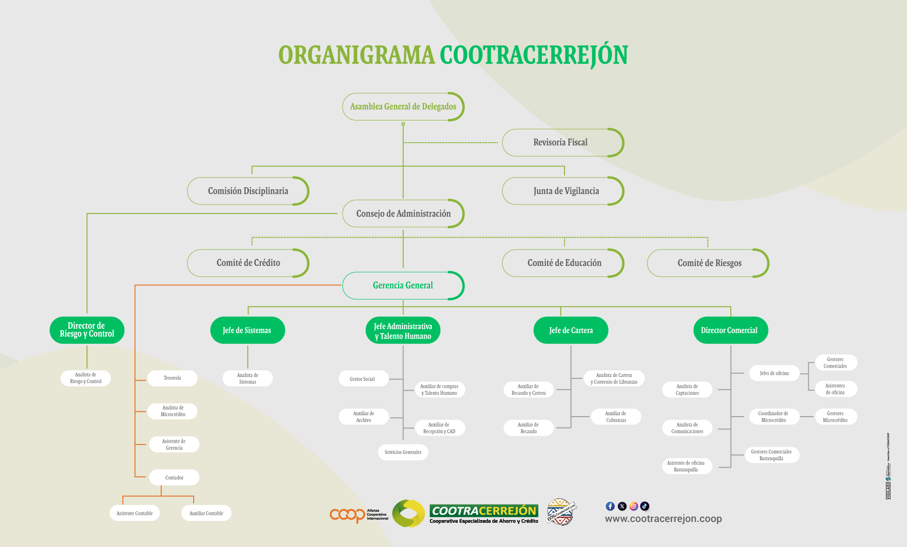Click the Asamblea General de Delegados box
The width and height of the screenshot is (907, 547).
coord(403,107)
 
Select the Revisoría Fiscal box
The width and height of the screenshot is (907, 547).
coord(561,143)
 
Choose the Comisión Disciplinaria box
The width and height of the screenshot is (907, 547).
coord(248,191)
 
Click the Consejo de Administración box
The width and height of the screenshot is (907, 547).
coord(403,214)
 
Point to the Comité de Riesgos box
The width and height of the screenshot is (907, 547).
coord(709,263)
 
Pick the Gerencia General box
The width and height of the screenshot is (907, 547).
coord(403,285)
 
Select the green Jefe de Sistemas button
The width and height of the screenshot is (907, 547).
coord(247,330)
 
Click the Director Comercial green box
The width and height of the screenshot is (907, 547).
coord(730,330)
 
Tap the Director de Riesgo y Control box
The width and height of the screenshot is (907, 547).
coord(87,330)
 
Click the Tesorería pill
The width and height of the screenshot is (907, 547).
coord(172,378)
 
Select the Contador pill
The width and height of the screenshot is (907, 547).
coord(174,478)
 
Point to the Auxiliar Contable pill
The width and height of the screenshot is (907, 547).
coord(206,513)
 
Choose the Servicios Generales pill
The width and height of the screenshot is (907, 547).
coord(403,452)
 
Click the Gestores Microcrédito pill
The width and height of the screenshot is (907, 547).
coord(835,417)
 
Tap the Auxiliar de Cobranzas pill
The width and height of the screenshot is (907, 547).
coord(616,417)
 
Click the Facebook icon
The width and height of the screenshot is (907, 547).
coord(610,506)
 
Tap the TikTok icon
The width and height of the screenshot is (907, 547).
coord(645,506)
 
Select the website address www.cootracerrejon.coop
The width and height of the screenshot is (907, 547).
coord(663,519)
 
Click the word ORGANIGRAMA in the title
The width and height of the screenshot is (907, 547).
coord(357,55)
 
